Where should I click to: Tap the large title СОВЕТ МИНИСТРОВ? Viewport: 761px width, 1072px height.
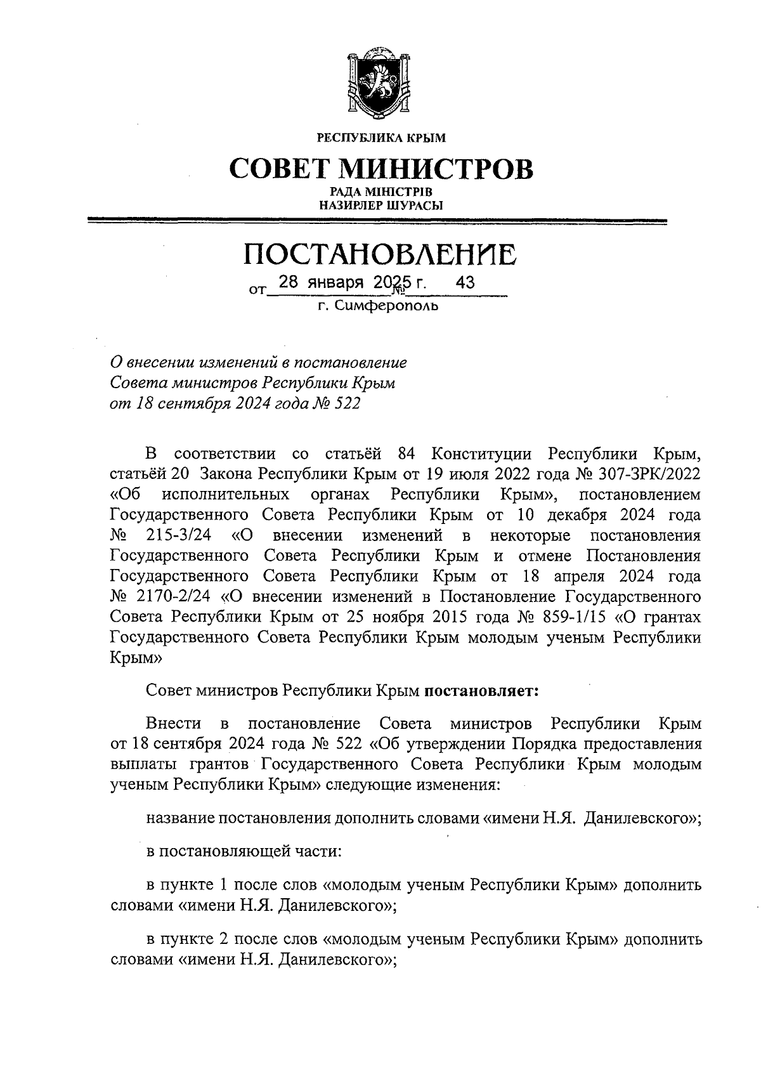[381, 169]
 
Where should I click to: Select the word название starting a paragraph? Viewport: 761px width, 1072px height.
[179, 818]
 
